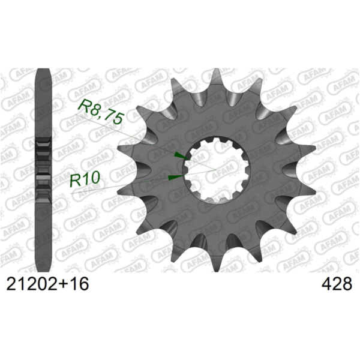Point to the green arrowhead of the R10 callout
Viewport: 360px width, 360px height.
pyautogui.click(x=175, y=177)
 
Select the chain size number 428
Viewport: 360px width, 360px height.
pyautogui.click(x=337, y=283)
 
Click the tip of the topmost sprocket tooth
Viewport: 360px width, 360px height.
pyautogui.click(x=215, y=71)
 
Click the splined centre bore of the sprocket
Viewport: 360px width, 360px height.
pyautogui.click(x=218, y=170)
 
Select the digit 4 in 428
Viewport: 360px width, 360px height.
pyautogui.click(x=326, y=283)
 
